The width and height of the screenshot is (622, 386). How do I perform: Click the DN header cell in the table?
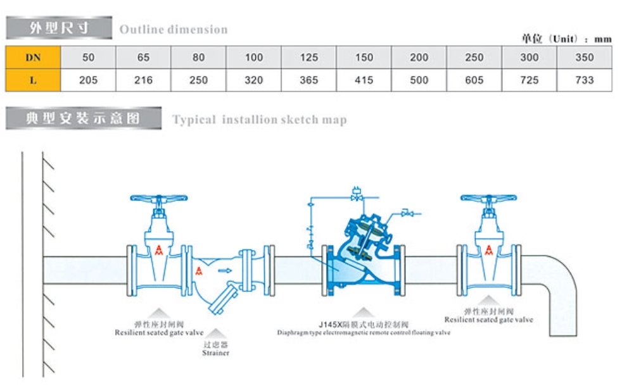tap(33, 58)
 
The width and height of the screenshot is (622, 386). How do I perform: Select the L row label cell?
tap(33, 80)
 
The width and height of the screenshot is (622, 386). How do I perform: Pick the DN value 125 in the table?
tap(309, 58)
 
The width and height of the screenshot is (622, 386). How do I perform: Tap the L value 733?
tap(584, 80)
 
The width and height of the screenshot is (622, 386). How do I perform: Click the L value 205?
tap(88, 80)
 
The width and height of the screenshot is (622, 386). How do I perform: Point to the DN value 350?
tap(584, 58)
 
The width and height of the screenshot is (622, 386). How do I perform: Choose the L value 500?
tap(419, 80)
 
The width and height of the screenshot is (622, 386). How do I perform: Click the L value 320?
tap(253, 80)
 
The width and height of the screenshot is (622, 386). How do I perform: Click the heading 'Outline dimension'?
tap(174, 29)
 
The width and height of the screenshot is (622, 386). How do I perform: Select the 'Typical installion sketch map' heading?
tap(259, 120)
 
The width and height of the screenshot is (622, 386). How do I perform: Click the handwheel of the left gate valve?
tap(158, 199)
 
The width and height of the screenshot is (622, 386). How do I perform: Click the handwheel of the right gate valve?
tap(488, 199)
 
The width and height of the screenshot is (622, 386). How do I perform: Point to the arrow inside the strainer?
tap(224, 271)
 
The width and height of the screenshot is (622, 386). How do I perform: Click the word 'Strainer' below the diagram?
tap(216, 353)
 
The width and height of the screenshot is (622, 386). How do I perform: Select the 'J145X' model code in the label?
tap(329, 324)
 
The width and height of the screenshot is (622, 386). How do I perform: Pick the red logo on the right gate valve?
tap(488, 250)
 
